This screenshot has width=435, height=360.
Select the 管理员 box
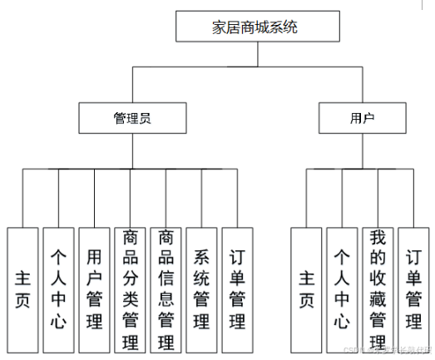tap(131, 118)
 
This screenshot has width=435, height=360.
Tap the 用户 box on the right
tap(362, 118)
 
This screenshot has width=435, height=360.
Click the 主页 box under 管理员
tap(22, 288)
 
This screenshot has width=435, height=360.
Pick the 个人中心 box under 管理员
tap(58, 288)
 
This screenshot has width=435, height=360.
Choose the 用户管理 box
tap(94, 288)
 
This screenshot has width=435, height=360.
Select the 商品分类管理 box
tap(130, 288)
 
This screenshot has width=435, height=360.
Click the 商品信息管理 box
tap(166, 288)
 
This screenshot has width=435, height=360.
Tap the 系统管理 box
tap(201, 288)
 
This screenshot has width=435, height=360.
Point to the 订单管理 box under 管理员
tap(237, 288)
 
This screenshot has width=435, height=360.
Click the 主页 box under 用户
tap(307, 288)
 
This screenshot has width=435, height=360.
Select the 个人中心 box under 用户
tap(342, 288)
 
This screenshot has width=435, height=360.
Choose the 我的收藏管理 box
tap(378, 288)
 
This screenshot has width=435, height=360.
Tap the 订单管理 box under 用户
tap(413, 288)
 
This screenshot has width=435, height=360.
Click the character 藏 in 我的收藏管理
tap(378, 298)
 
